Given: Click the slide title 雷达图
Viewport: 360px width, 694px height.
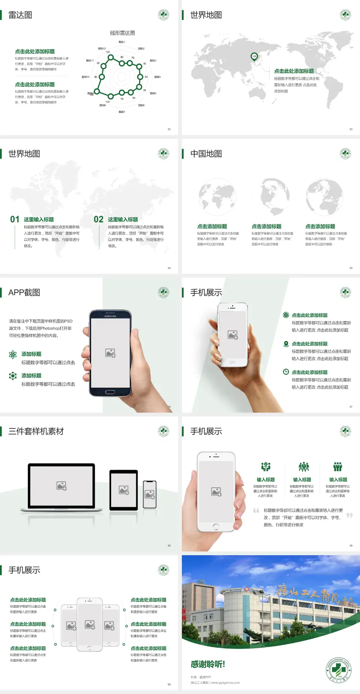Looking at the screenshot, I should pyautogui.click(x=20, y=15).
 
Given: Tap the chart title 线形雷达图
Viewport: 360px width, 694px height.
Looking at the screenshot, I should pyautogui.click(x=122, y=33).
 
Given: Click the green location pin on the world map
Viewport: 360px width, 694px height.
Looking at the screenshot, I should pyautogui.click(x=254, y=57).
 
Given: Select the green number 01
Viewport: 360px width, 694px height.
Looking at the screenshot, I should pyautogui.click(x=15, y=219).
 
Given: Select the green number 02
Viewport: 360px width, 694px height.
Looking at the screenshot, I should pyautogui.click(x=99, y=219).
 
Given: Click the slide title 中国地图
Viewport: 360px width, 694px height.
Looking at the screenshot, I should pyautogui.click(x=206, y=154).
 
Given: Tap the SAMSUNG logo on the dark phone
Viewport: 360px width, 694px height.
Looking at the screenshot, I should pyautogui.click(x=110, y=316).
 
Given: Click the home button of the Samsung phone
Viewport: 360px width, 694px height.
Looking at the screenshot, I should pyautogui.click(x=110, y=392).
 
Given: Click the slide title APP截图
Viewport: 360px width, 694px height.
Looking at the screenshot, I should pyautogui.click(x=24, y=293).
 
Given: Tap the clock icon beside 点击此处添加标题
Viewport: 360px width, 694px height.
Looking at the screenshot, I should pyautogui.click(x=286, y=372).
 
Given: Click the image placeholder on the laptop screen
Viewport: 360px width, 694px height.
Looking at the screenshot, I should pyautogui.click(x=61, y=486).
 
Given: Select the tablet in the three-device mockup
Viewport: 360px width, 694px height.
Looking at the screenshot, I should pyautogui.click(x=124, y=490).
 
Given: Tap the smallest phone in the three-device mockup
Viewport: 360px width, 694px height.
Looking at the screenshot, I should pyautogui.click(x=150, y=494).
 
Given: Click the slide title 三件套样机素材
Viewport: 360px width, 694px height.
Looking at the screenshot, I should pyautogui.click(x=36, y=431).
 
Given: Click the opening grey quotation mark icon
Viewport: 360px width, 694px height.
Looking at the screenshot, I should pyautogui.click(x=256, y=511).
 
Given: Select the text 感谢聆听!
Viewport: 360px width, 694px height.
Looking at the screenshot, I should pyautogui.click(x=208, y=664).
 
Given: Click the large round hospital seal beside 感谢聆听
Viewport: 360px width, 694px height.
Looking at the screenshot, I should pyautogui.click(x=338, y=670).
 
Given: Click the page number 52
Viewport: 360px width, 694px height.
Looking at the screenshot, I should pyautogui.click(x=169, y=129).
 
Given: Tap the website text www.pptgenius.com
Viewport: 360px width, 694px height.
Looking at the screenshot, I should pyautogui.click(x=225, y=683).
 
